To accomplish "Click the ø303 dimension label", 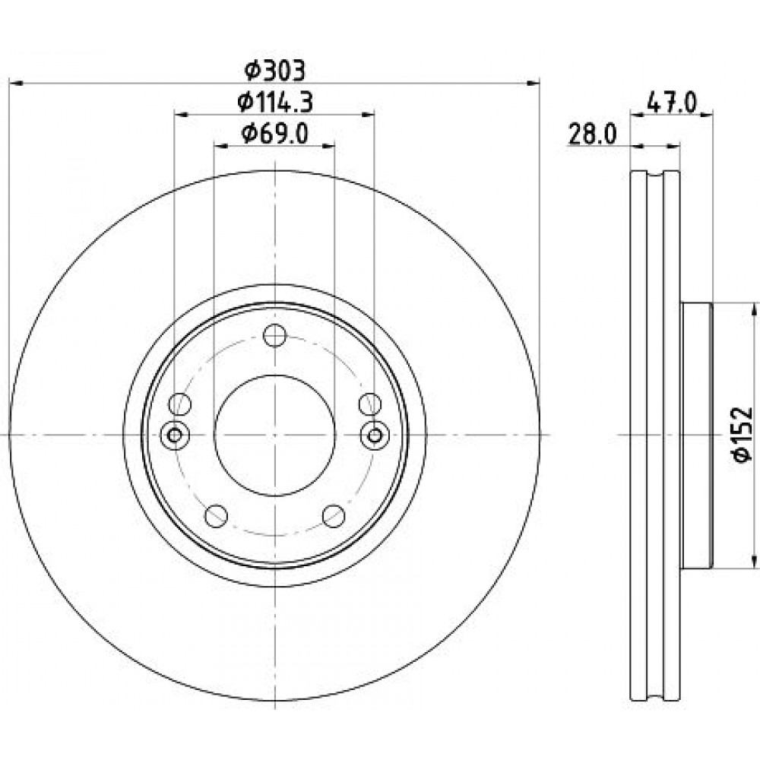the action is coord(275,71).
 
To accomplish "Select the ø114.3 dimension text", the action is coord(275,103).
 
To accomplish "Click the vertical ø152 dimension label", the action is coord(742,434).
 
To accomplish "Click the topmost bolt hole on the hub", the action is coord(275,335).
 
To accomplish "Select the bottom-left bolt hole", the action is coord(216,516).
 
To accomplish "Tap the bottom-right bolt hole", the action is coord(334,516).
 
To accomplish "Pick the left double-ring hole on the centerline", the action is coord(175,435).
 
